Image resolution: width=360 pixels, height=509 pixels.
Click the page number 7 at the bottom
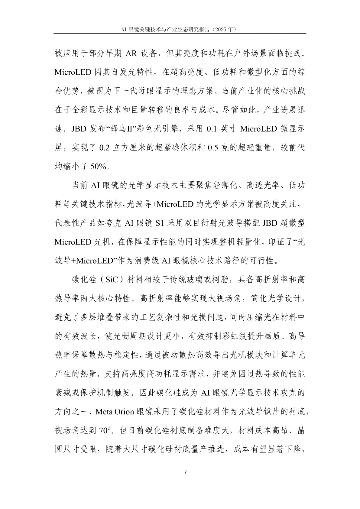(185, 472)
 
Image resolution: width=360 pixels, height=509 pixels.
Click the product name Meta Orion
(114, 412)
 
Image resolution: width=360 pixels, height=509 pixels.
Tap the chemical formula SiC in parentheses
(112, 280)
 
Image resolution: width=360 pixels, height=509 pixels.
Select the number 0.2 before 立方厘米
(105, 148)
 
